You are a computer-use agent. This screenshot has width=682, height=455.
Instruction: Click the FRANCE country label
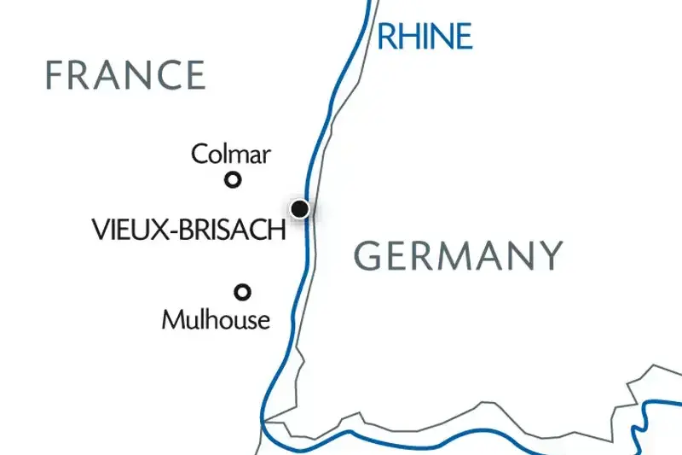point(125,75)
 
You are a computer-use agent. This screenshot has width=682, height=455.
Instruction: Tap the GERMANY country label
point(459,255)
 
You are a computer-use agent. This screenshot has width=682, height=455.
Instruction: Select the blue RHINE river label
point(425,37)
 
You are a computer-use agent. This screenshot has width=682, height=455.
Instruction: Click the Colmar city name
point(231,155)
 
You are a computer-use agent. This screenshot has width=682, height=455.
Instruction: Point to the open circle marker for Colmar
point(232,179)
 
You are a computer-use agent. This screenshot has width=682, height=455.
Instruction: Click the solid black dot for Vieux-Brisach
point(299,208)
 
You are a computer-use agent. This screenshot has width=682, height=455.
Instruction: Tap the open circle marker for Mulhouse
point(243,292)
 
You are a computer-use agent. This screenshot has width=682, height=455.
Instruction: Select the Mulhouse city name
point(216,320)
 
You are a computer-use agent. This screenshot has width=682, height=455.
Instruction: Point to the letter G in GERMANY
point(367,255)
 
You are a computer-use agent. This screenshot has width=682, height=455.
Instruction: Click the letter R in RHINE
point(386,37)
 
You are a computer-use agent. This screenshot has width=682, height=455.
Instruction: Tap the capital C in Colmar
point(199,155)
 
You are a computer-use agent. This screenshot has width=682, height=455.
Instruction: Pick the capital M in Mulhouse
point(171,320)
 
